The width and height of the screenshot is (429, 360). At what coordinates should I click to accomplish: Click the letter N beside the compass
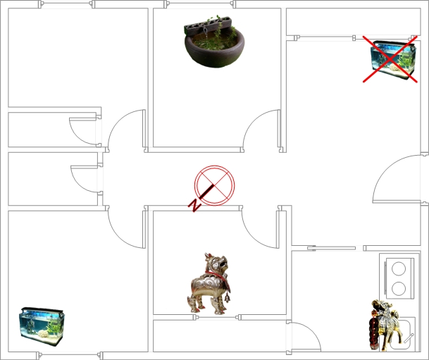[x=194, y=206]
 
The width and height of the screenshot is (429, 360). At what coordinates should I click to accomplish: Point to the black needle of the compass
[x=206, y=192]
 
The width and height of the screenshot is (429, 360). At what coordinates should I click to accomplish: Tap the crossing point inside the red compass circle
[x=214, y=185]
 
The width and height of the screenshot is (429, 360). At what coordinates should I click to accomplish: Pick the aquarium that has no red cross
[x=42, y=326]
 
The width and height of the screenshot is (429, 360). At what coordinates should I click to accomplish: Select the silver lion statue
[x=209, y=284]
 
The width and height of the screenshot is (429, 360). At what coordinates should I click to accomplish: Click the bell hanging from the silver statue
[x=227, y=297]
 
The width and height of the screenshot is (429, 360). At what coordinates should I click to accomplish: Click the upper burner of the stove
[x=399, y=268]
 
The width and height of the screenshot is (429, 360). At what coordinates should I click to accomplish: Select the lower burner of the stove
[x=399, y=288]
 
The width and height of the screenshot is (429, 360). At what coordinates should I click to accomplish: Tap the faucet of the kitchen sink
[x=408, y=338]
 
